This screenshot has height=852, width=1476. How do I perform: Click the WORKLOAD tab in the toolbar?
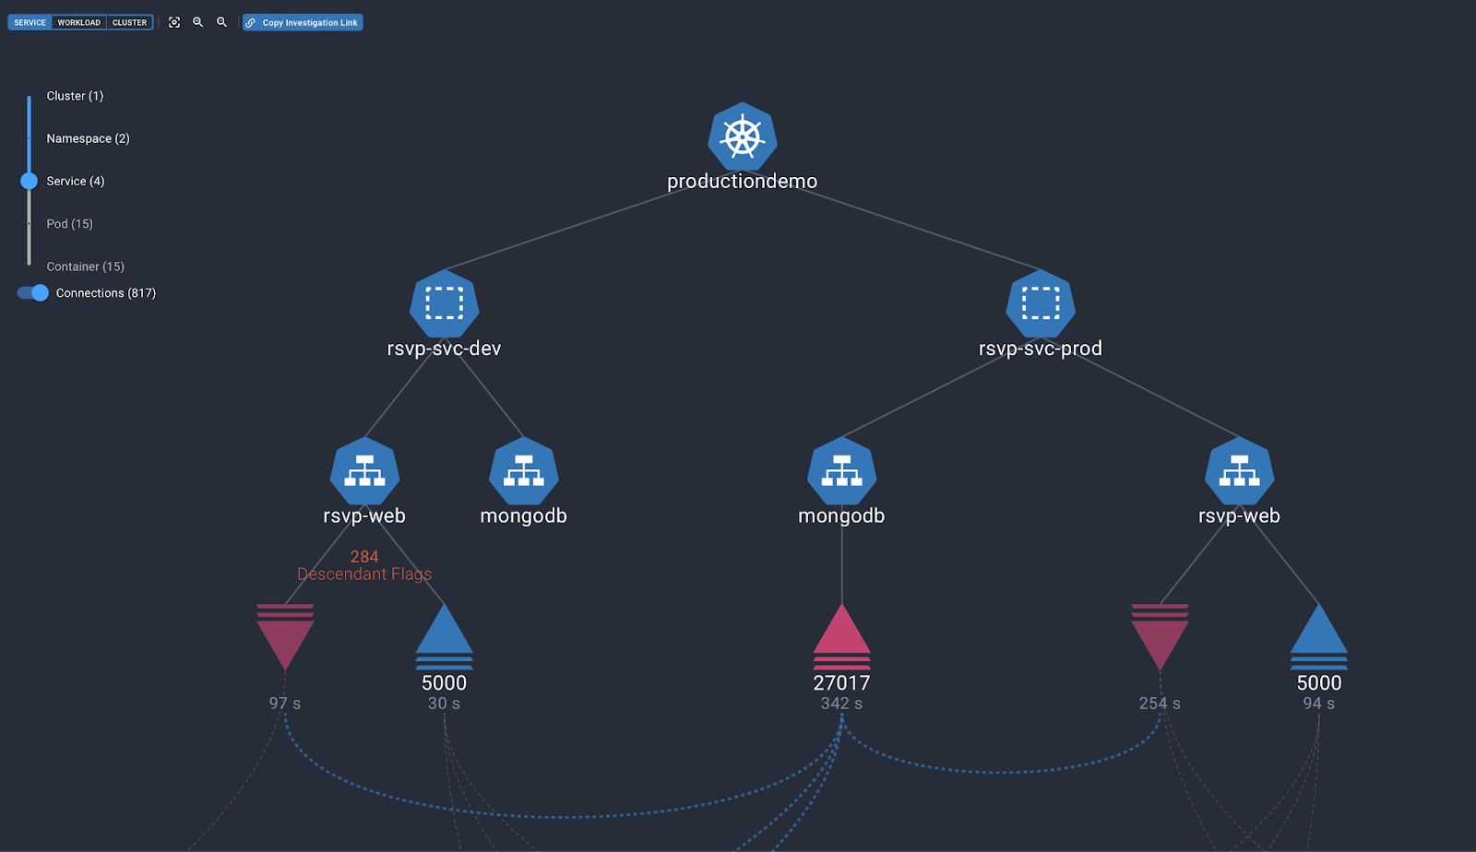[x=78, y=22]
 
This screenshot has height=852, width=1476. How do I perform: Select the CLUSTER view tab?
[x=129, y=22]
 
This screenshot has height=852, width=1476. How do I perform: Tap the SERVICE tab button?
[x=30, y=22]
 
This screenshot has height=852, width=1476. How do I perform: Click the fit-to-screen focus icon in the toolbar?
[x=174, y=22]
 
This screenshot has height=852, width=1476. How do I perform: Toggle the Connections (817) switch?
[x=33, y=293]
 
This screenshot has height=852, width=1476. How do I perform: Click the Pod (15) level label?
[x=69, y=224]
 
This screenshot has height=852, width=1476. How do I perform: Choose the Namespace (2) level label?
[x=88, y=138]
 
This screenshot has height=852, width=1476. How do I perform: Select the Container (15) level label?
[x=85, y=266]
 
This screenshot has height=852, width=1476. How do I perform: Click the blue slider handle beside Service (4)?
[x=30, y=181]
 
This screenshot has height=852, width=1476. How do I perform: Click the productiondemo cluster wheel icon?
[x=742, y=137]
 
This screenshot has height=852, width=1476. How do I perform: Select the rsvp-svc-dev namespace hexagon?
[x=444, y=303]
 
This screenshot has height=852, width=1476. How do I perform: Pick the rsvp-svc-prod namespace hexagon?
[x=1040, y=303]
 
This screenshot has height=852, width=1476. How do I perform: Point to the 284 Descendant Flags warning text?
[x=364, y=565]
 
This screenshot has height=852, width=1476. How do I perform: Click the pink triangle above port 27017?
[x=841, y=633]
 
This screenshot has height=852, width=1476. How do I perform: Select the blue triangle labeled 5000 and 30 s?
[x=444, y=633]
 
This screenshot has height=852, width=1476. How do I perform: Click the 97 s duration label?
[x=285, y=704]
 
